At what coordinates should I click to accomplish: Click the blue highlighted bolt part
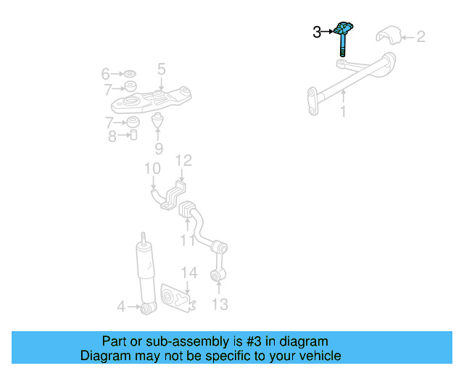[x=343, y=38]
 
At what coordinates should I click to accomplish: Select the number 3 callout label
[x=317, y=32]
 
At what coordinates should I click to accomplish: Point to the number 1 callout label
[x=344, y=112]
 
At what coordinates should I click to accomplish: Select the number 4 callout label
[x=121, y=307]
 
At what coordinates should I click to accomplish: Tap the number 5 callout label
[x=161, y=69]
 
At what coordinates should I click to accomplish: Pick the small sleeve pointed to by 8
[x=133, y=136]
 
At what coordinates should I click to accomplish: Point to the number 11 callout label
[x=187, y=240]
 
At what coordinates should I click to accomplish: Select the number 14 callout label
[x=188, y=272]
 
